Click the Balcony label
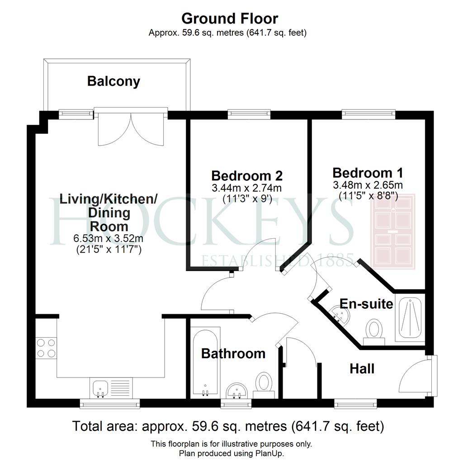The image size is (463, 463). [113, 81]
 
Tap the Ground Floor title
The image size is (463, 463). [229, 19]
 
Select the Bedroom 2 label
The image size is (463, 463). [247, 176]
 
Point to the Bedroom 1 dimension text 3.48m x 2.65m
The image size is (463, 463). [368, 185]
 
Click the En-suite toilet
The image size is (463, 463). [374, 332]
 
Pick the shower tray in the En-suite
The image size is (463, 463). [410, 317]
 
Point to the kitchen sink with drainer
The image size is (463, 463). [111, 388]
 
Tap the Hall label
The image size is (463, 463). [362, 369]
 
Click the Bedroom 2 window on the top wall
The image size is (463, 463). [249, 114]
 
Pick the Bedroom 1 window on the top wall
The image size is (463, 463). [369, 114]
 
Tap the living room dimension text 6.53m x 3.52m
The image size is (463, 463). [109, 238]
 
